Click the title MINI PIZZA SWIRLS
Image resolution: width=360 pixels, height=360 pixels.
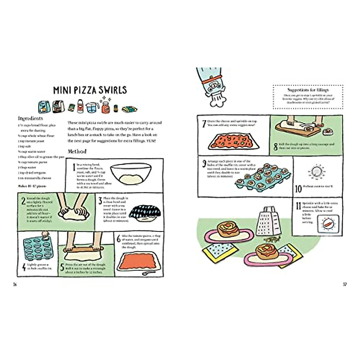point(90,90)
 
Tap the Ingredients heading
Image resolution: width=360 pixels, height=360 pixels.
point(30,118)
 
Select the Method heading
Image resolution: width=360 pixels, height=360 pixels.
point(77,151)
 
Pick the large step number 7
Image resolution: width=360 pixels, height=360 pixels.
point(204,123)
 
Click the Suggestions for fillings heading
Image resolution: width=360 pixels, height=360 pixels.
point(308,90)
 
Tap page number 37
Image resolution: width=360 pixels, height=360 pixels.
point(345,284)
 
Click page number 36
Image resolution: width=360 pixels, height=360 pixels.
point(15,284)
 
